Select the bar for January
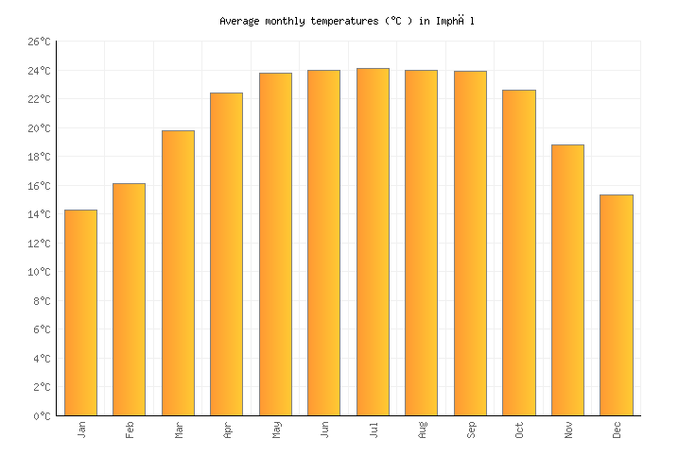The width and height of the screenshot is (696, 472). click(80, 312)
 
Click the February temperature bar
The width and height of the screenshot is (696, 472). click(129, 299)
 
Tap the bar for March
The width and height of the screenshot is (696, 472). click(178, 273)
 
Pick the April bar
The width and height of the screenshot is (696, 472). click(226, 254)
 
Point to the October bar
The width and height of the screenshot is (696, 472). click(518, 253)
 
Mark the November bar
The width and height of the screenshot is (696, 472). click(567, 280)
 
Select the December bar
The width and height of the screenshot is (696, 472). click(616, 305)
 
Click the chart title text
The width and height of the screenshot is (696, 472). click(347, 20)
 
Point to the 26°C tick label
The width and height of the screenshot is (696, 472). click(38, 42)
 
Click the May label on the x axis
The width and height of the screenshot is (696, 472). click(276, 430)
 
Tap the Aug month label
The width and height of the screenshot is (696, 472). click(423, 430)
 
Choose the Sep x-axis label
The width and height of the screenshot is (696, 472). click(471, 430)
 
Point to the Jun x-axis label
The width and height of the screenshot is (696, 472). click(325, 430)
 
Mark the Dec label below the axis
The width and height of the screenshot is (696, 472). click(618, 430)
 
